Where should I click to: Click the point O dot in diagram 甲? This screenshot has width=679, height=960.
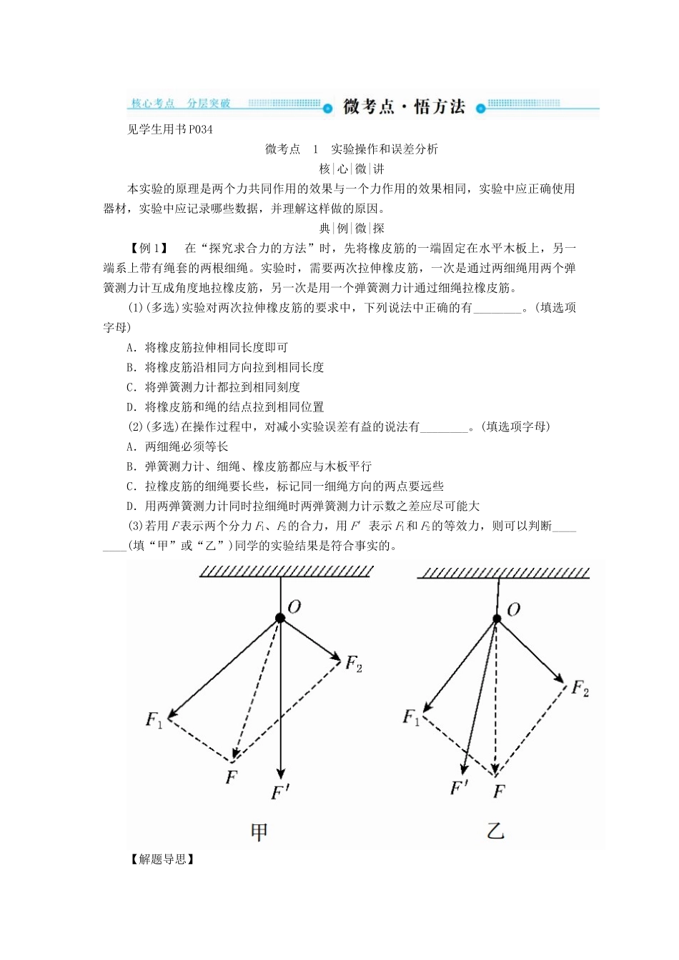280,618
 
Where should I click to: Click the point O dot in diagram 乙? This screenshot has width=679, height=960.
497,619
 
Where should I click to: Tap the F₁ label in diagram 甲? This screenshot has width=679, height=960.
154,719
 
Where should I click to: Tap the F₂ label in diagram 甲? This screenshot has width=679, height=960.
354,663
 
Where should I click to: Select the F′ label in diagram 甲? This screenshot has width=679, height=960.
279,792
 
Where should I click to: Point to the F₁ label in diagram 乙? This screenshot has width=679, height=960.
412,716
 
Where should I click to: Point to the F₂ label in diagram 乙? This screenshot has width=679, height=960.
580,689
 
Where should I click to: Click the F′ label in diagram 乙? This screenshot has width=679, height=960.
459,788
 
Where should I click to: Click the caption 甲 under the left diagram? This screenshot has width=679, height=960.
259,831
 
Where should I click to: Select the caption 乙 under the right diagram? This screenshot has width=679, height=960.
495,831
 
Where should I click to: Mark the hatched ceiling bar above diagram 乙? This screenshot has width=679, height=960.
504,573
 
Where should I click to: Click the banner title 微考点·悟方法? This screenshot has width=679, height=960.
404,107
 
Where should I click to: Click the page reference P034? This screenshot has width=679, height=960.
201,129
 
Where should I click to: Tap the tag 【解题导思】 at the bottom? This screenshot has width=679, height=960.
162,859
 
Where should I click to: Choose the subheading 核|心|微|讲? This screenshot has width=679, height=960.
351,169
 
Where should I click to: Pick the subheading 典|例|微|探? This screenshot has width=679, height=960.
351,229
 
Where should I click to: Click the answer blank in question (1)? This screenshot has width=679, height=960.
497,309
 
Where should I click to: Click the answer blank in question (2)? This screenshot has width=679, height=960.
445,427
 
